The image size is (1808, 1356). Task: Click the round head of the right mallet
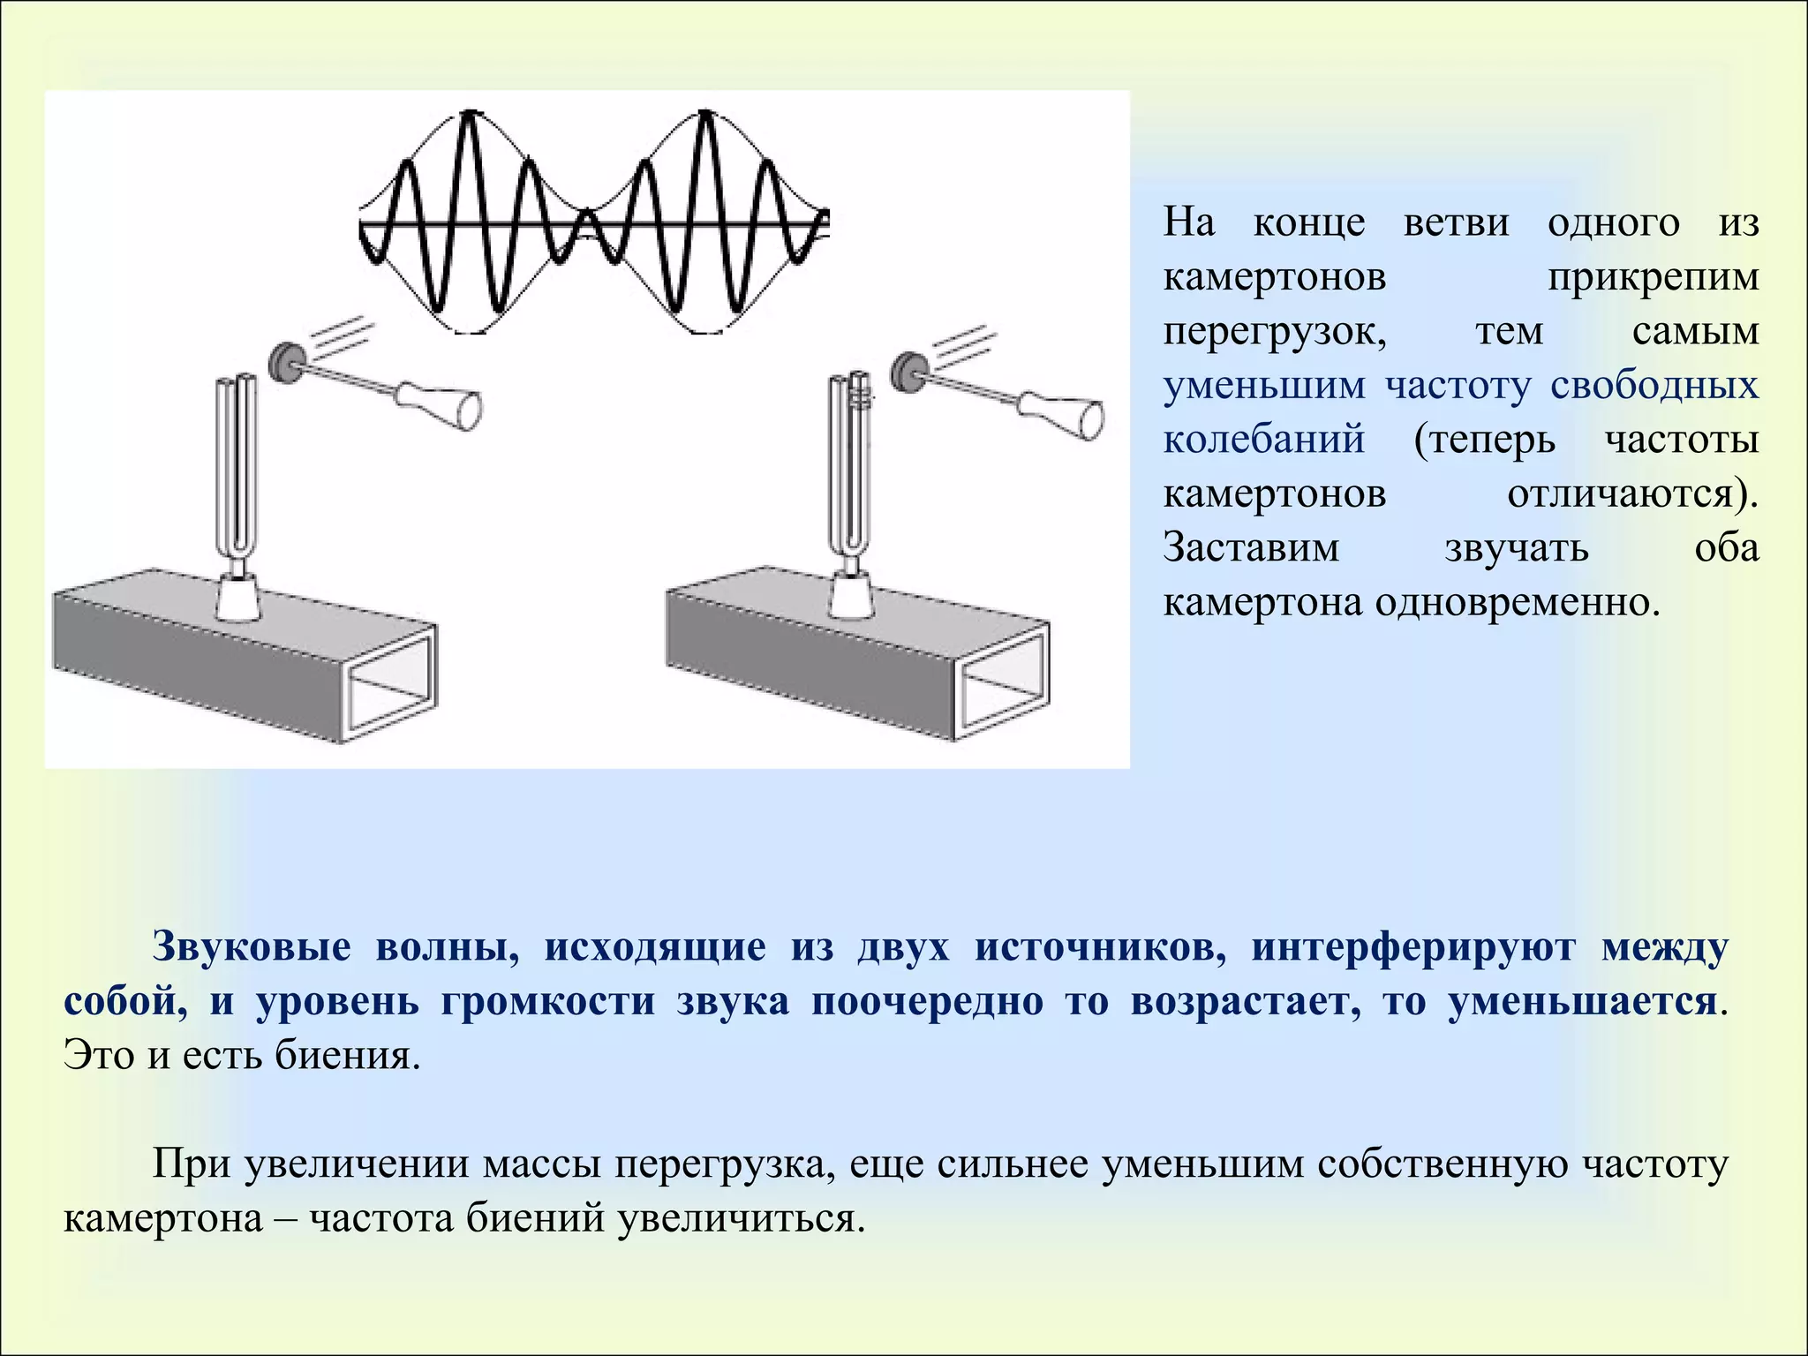click(907, 372)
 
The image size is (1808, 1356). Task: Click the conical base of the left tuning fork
click(236, 595)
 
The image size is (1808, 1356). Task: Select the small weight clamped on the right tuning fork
click(859, 395)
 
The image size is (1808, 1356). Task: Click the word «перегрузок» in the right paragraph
click(1275, 332)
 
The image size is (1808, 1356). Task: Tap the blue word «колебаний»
click(1263, 440)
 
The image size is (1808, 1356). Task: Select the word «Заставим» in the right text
click(1251, 547)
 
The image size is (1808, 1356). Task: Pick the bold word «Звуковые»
click(252, 947)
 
